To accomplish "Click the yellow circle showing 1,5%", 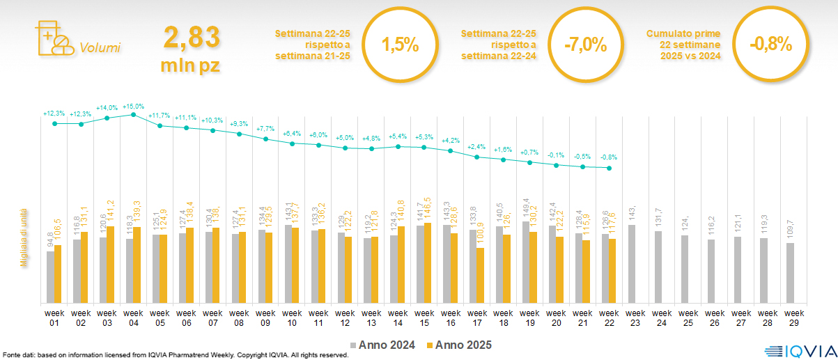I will tap(400, 45).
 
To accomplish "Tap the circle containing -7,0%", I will tap(586, 45).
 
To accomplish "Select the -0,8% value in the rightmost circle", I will tap(771, 45).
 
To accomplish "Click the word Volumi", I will tap(100, 48).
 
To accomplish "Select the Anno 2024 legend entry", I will tap(387, 345).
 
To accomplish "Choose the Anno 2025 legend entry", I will tap(460, 345).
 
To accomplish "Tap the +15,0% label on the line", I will tap(133, 107).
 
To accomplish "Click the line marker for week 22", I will tap(610, 168).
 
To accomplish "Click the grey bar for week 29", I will tap(790, 273).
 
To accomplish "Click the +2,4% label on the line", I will tap(477, 147).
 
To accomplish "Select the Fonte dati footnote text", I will tap(174, 354).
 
